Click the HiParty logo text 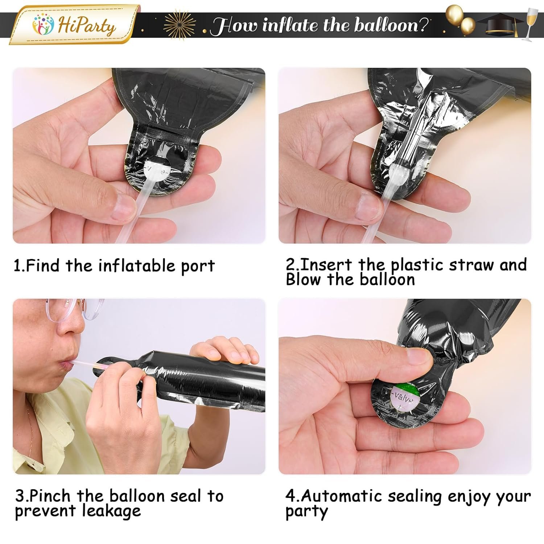(x=87, y=26)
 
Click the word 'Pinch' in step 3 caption (x=50, y=495)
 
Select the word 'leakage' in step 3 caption (x=111, y=511)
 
